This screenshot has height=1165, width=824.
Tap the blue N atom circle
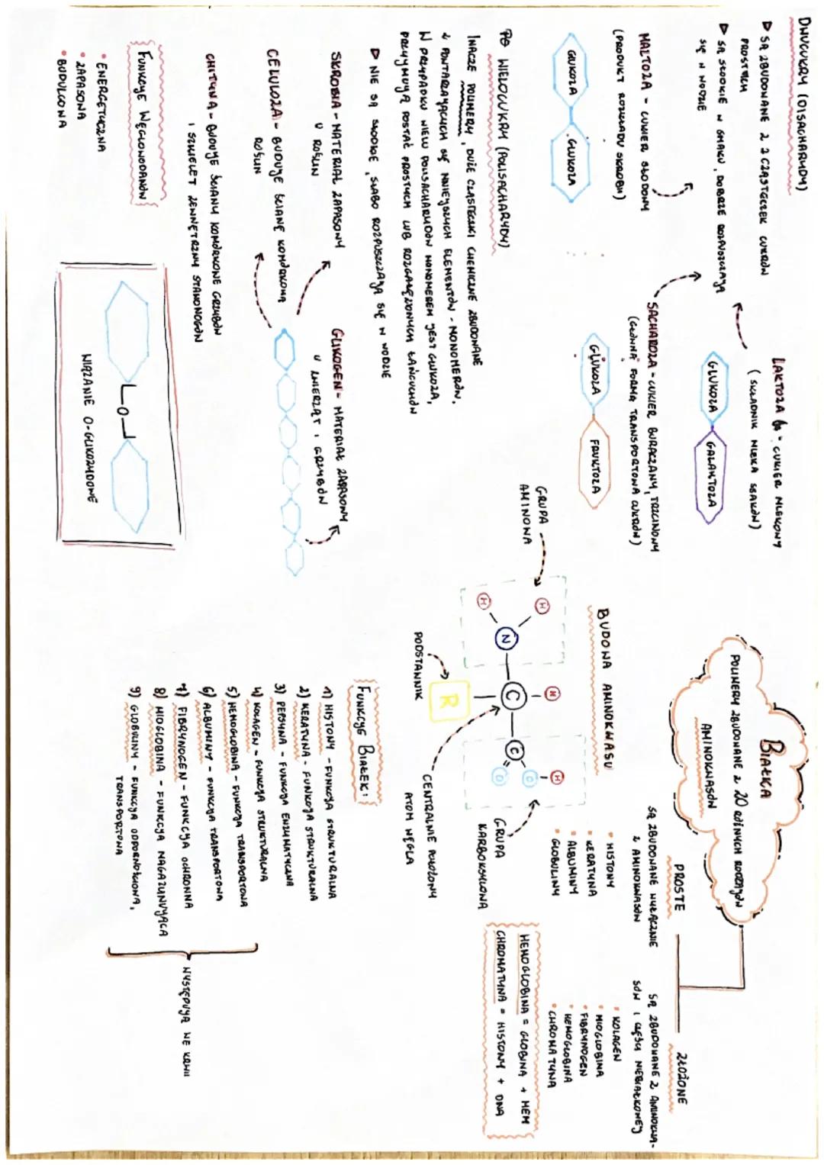(504, 639)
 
